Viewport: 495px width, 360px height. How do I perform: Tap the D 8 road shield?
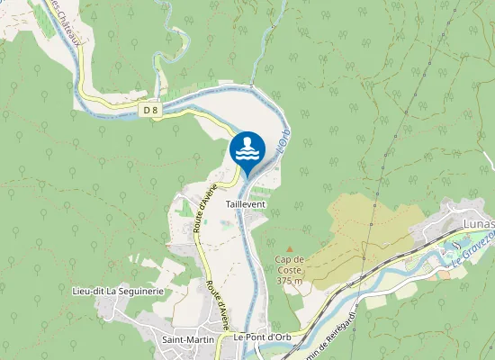(x=150, y=110)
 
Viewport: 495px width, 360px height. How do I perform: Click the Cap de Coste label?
(x=289, y=265)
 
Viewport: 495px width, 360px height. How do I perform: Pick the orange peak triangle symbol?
(x=289, y=249)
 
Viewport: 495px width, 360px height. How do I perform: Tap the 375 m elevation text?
(x=289, y=280)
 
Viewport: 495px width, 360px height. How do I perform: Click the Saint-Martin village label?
(x=186, y=338)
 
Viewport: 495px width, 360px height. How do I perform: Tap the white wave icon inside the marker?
(x=247, y=149)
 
